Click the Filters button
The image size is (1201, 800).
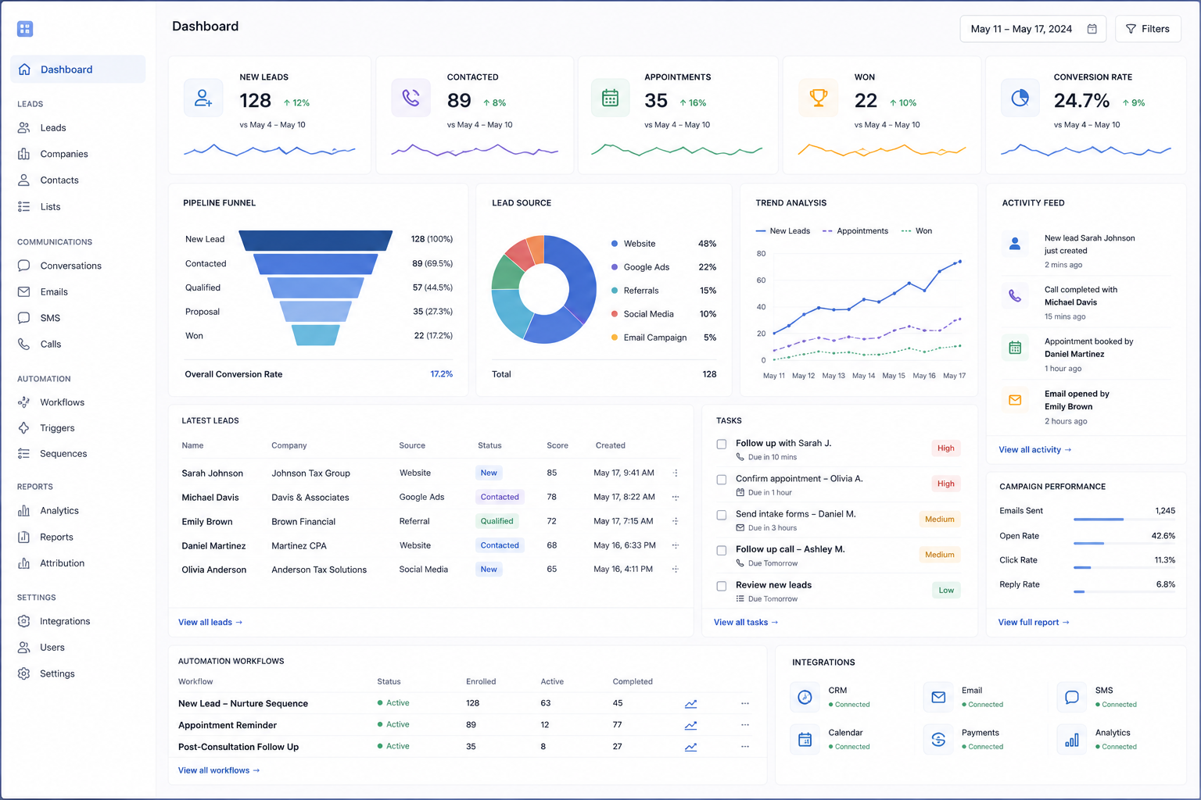(1148, 29)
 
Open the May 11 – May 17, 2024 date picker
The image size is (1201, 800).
(1033, 29)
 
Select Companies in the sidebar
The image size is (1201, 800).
(64, 154)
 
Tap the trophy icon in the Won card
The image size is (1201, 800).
(818, 98)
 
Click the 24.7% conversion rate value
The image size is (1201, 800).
(1081, 100)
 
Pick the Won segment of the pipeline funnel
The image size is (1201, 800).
(315, 335)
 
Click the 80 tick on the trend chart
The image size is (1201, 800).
(761, 253)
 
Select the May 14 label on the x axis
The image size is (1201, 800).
(863, 376)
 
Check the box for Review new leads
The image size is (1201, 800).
(722, 586)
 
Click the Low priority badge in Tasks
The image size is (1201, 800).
(946, 590)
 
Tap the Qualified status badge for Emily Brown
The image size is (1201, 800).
(497, 521)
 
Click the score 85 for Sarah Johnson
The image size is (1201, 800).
(552, 473)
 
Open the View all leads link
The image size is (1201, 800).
(210, 622)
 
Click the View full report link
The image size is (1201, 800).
(1033, 622)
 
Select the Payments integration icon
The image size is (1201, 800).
(938, 739)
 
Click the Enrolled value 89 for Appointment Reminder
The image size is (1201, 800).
(471, 724)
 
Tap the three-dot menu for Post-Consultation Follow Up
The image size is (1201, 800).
(744, 746)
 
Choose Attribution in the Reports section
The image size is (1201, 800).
(63, 563)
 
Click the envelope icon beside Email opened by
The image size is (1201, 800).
(1014, 400)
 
